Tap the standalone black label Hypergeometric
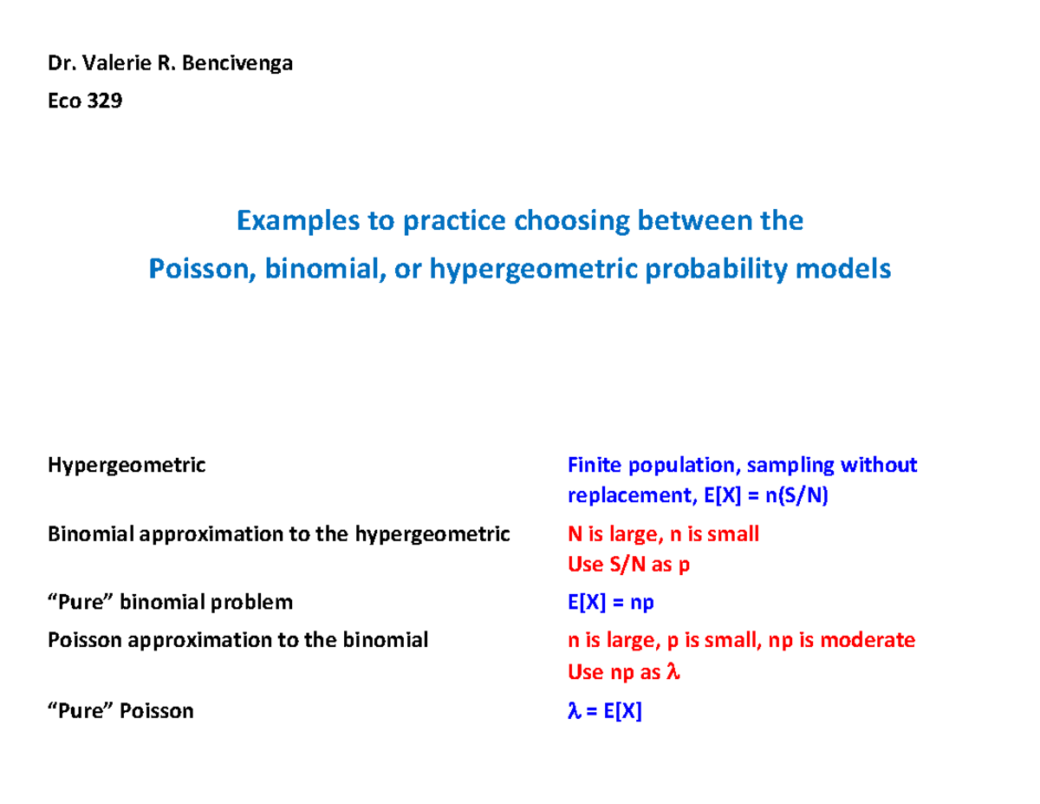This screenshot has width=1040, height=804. tap(127, 466)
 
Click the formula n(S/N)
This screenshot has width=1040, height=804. tap(791, 496)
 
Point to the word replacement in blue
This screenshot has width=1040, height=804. tap(617, 496)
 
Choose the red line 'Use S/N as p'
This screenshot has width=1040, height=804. tap(628, 565)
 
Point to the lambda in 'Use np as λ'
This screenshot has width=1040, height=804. tap(673, 672)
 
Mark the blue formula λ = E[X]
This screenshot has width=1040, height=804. tap(604, 712)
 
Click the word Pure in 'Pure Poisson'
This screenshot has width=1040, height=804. tap(85, 712)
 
